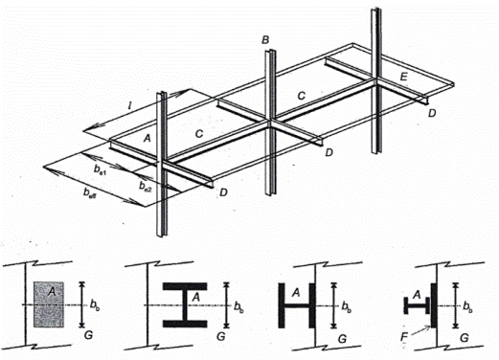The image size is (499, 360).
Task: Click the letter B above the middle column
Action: pos(265,40)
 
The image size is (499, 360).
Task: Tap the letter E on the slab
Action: pos(404,77)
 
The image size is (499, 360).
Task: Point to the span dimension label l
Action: pos(129,105)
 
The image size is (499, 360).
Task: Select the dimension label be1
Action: pos(100,169)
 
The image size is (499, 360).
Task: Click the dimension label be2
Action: pos(145,186)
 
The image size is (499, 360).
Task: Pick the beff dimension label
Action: pos(90,192)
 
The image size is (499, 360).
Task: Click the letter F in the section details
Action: pos(405,337)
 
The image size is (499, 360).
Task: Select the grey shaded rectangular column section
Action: pos(49,304)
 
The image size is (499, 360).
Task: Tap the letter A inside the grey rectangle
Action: pos(51,291)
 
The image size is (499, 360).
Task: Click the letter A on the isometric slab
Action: pos(147,138)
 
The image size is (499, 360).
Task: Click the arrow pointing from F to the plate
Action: pos(420,330)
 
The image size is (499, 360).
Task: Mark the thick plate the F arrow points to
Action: pos(433,305)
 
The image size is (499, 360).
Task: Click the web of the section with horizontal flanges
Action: pos(185,305)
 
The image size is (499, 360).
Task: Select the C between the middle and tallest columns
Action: pos(301,96)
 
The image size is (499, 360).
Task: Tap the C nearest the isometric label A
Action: pos(199,133)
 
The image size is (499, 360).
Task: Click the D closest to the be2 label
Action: pos(223,192)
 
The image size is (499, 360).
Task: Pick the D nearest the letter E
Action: pos(432,113)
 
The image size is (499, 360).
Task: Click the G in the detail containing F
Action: pos(465,338)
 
